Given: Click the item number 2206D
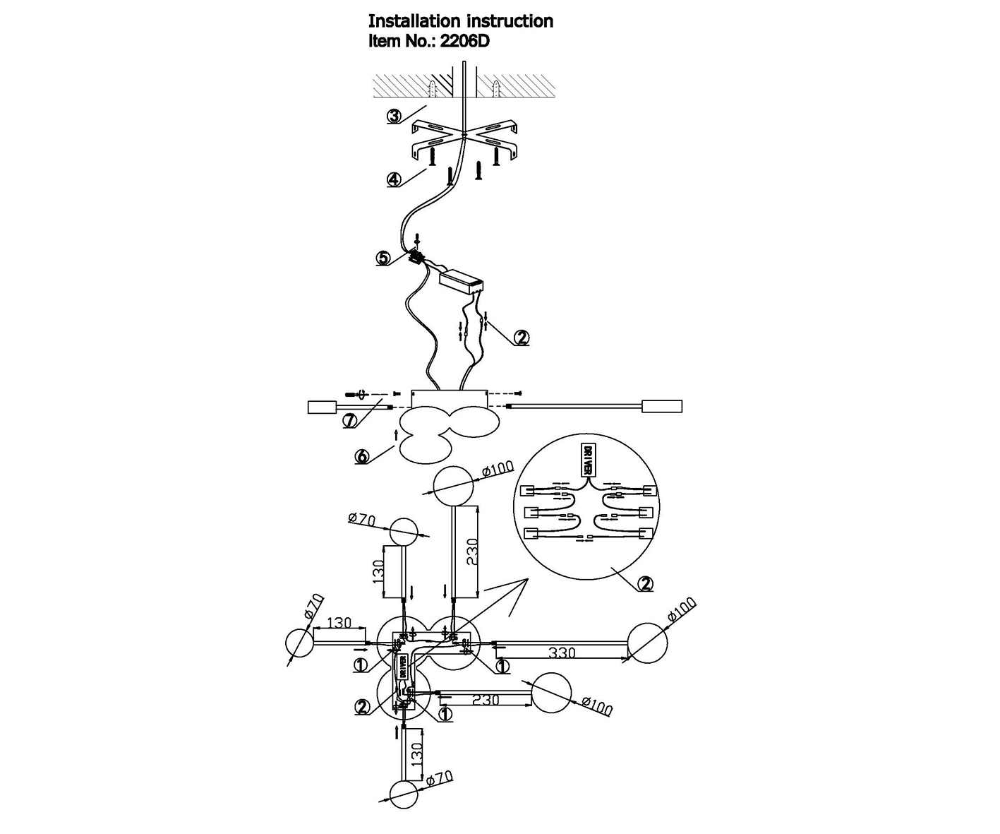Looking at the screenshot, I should [463, 41].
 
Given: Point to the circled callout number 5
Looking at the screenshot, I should [384, 258].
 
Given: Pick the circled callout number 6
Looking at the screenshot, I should [362, 457].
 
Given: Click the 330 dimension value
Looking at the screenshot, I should [562, 653].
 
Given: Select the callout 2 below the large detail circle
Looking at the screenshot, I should [644, 584].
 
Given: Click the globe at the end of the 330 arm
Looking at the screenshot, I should [647, 643].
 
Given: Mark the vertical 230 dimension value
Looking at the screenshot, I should [471, 551].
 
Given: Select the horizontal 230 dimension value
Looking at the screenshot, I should [486, 700].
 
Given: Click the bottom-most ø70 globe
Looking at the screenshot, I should [404, 794].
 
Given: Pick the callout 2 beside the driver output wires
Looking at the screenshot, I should [522, 338].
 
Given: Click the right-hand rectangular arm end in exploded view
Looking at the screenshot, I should [662, 407].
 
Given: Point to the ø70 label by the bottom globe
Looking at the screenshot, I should [439, 778].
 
